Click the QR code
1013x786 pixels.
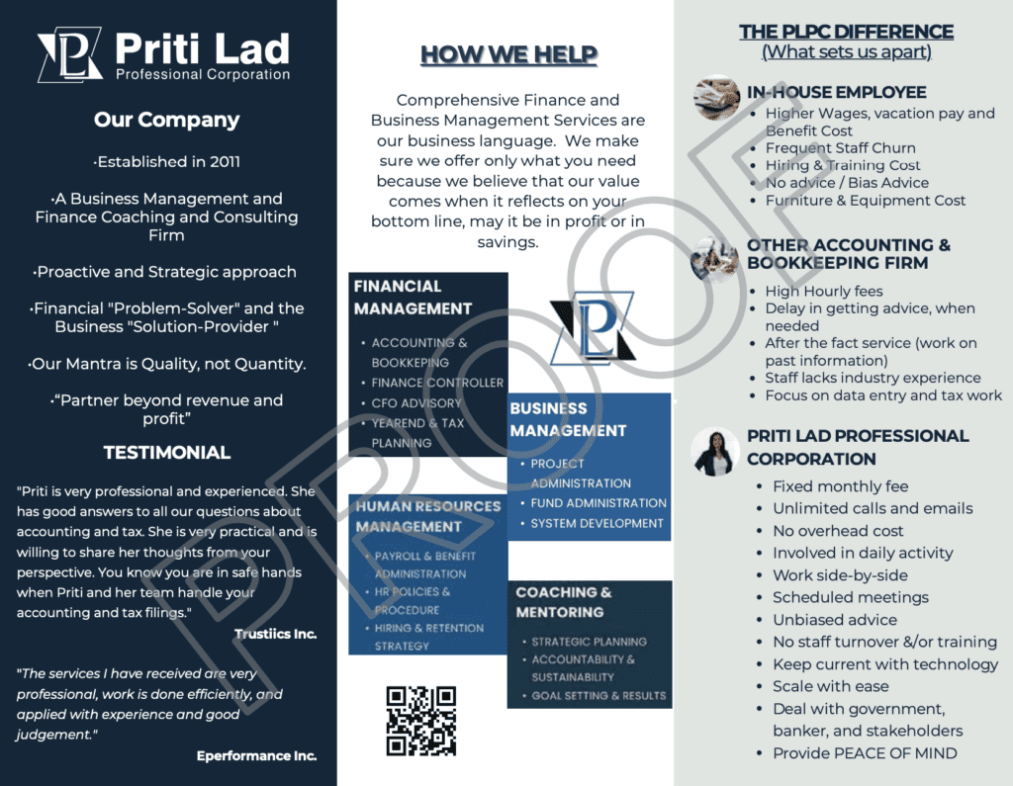[x=420, y=721]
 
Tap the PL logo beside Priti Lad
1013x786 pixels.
[x=69, y=56]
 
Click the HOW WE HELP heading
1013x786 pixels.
[x=508, y=53]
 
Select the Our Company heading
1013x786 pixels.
[x=167, y=120]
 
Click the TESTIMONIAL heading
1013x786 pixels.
[x=167, y=453]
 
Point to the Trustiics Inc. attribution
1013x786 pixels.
[x=275, y=634]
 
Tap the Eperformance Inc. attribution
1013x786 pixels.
[x=256, y=755]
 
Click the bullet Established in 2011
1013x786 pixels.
[x=167, y=162]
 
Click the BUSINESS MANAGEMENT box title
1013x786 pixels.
[x=568, y=419]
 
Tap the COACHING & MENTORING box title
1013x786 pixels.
[x=564, y=602]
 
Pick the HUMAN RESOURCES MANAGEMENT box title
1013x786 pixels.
[x=428, y=516]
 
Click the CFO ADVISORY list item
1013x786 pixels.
[x=416, y=403]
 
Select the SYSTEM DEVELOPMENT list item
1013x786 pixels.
[x=597, y=523]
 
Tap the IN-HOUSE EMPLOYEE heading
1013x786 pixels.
[x=836, y=92]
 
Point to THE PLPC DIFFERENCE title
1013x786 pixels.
[x=846, y=32]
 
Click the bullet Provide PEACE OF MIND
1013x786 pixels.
[x=865, y=753]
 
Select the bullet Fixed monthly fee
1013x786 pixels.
[x=840, y=486]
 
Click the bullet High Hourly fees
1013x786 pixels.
[x=823, y=291]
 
